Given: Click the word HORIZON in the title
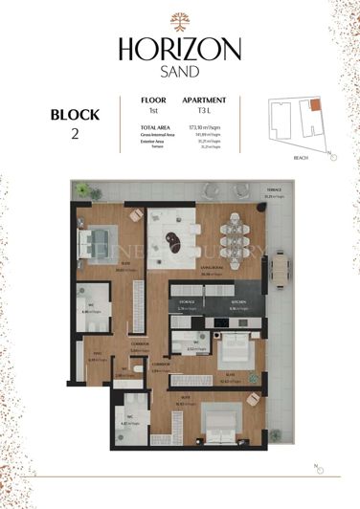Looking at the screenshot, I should (180, 49).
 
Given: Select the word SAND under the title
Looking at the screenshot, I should (180, 70).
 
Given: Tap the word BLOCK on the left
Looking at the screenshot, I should (74, 115).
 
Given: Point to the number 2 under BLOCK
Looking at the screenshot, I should (74, 134).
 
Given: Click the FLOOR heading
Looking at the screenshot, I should (153, 100).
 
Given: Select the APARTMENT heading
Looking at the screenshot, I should (204, 100).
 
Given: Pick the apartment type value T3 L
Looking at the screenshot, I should (203, 111).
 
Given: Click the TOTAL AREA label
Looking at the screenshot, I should (154, 127).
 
